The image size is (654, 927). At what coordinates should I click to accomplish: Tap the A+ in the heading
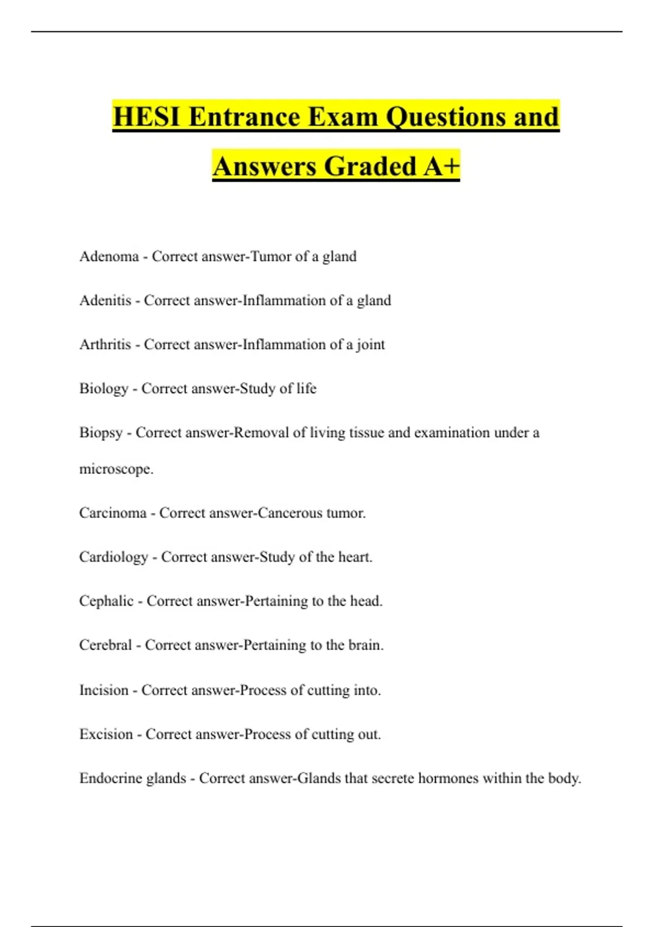click(x=441, y=166)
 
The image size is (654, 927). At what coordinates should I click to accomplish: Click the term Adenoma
click(x=109, y=256)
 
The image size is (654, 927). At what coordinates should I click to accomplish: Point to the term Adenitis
click(x=105, y=300)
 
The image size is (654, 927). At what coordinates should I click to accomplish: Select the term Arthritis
click(x=105, y=345)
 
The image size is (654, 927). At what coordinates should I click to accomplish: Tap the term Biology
click(x=104, y=389)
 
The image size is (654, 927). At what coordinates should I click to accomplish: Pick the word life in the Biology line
click(x=306, y=389)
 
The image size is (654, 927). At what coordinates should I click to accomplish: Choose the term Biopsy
click(x=101, y=433)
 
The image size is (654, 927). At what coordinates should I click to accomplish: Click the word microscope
click(x=116, y=469)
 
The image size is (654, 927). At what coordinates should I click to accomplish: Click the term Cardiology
click(x=113, y=557)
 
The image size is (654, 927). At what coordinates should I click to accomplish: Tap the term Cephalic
click(x=106, y=601)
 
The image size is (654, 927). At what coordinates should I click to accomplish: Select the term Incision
click(x=104, y=690)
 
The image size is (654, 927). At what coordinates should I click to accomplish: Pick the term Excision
click(x=106, y=735)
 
